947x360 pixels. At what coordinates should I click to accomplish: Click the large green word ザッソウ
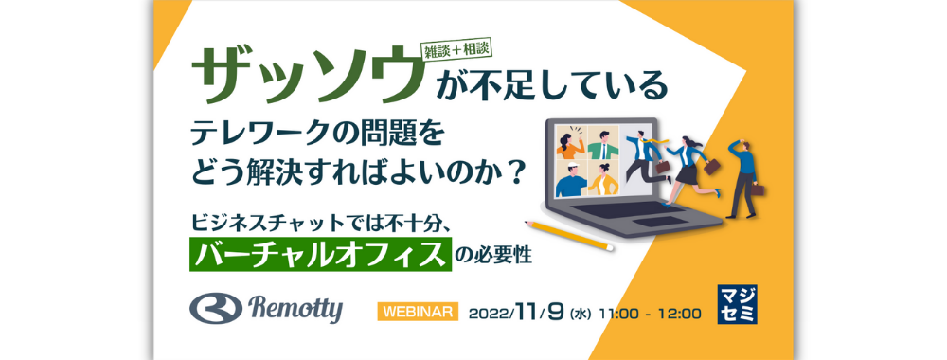pos(305,74)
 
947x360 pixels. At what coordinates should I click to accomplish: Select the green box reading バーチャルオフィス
pos(318,254)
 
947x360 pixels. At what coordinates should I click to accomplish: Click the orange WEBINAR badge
pos(419,311)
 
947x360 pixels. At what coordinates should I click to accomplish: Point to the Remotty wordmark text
pos(297,308)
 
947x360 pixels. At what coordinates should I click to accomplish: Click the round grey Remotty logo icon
pos(215,309)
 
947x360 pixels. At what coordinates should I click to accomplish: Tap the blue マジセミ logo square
pos(738,304)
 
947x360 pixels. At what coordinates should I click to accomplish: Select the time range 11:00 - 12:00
pos(650,312)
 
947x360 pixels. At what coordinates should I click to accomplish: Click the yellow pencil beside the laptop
pos(566,234)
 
